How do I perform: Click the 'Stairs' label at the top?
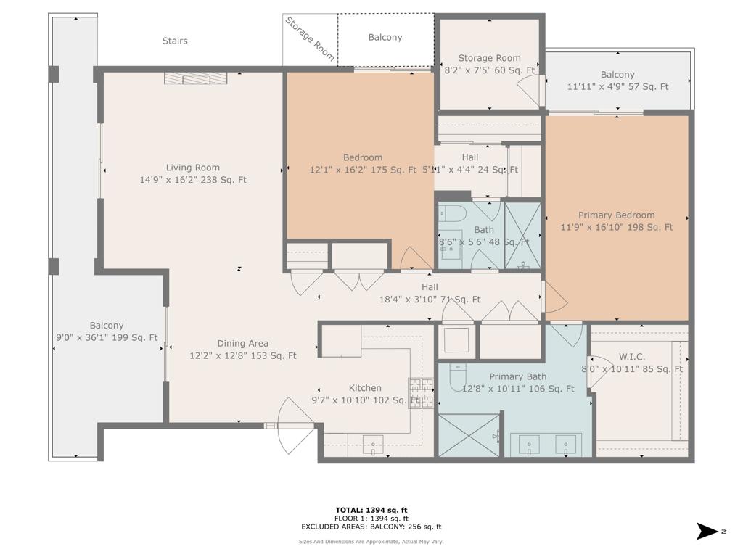tap(174, 41)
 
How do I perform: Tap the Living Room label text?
tap(192, 168)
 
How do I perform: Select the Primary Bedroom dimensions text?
tap(616, 227)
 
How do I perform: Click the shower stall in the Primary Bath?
tap(469, 434)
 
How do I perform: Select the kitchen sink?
tap(373, 444)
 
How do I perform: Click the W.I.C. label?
tap(631, 356)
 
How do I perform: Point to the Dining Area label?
tap(243, 343)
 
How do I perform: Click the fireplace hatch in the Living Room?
tap(194, 78)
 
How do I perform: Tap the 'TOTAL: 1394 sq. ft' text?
tap(371, 510)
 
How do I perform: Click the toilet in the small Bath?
tap(454, 213)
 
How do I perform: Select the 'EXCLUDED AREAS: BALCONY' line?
tap(371, 527)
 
